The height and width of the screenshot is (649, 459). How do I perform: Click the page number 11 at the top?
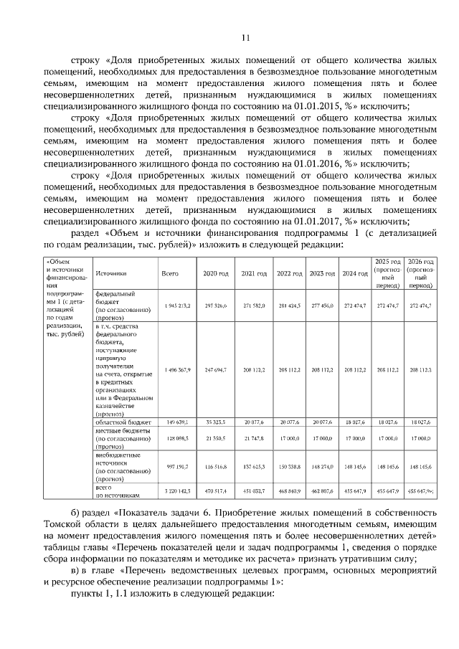[x=245, y=38]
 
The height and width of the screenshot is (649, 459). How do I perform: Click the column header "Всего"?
[x=170, y=274]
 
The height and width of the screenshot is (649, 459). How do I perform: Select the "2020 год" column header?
[x=215, y=274]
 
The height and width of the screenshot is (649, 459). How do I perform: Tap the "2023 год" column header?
[x=323, y=274]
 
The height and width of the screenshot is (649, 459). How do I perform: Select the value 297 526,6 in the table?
[x=215, y=305]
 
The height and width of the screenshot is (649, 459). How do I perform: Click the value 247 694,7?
[x=215, y=369]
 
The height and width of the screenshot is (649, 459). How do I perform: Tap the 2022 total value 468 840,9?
[x=288, y=491]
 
